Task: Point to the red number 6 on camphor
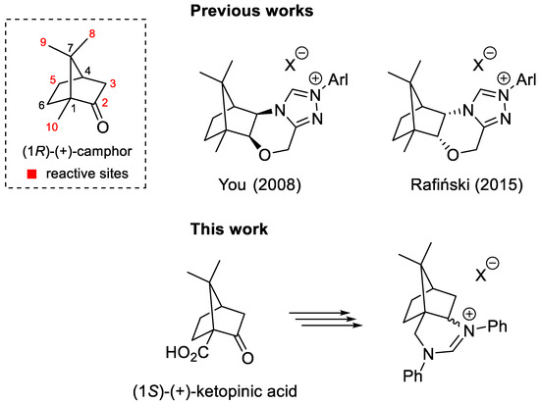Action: click(42, 108)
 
